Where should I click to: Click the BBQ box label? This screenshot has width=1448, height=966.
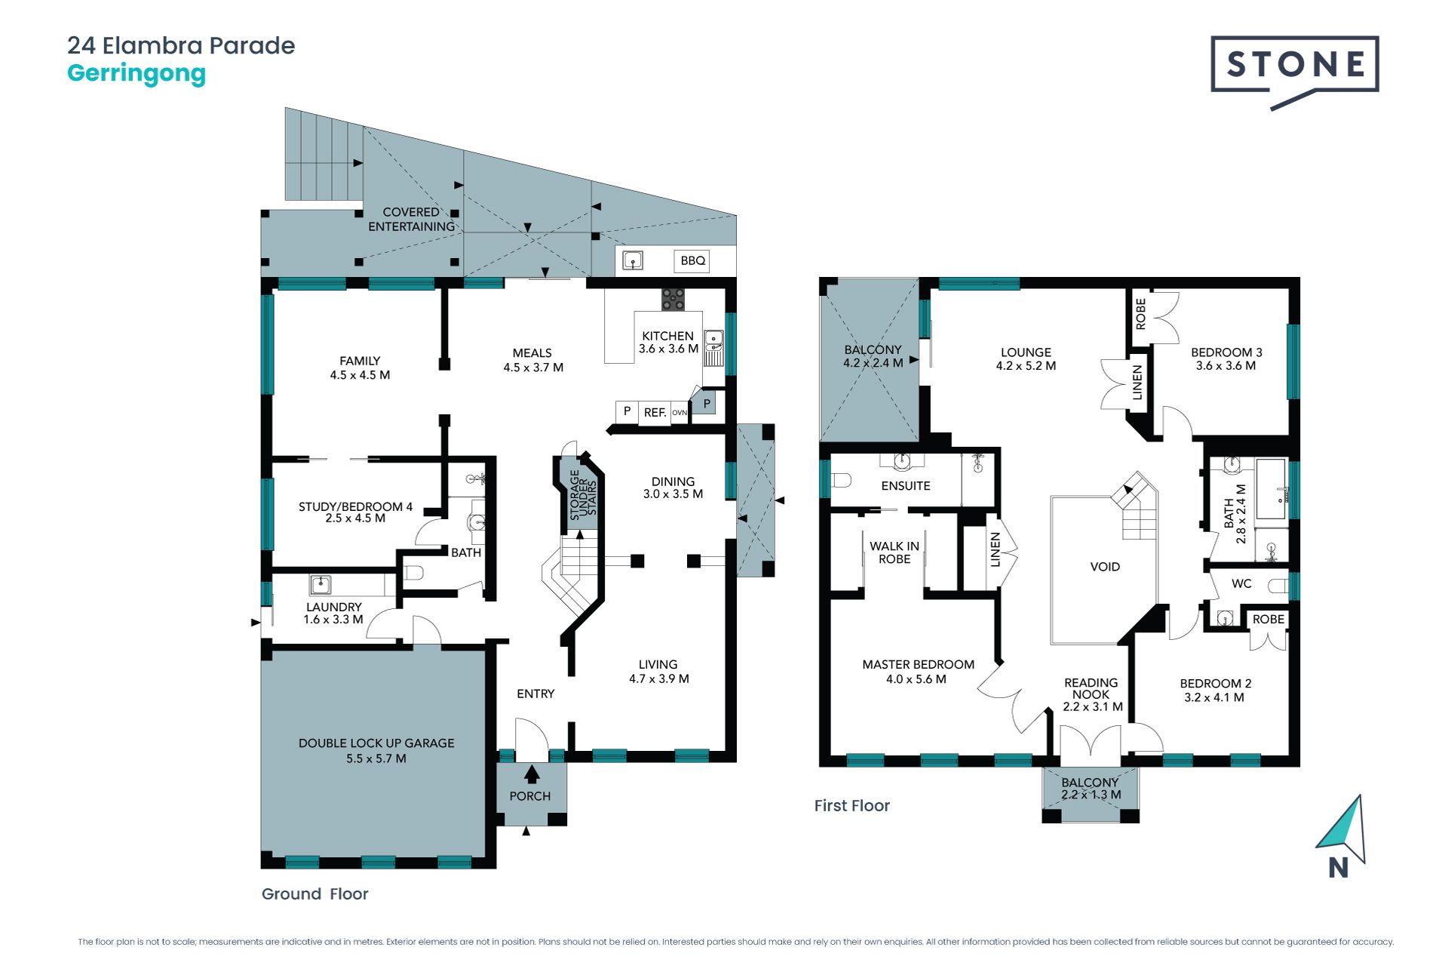692,260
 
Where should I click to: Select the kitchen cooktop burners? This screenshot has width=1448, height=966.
673,299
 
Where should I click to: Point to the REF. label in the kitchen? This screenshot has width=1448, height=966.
655,413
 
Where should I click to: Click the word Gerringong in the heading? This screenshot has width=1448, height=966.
137,75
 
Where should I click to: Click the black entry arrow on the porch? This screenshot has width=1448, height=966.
532,774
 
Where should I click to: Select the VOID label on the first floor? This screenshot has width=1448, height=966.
1105,567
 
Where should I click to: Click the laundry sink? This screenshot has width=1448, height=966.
321,584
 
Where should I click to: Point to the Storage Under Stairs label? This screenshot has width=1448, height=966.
583,495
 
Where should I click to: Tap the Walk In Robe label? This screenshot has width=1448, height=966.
894,552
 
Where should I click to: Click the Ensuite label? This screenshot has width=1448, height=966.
906,486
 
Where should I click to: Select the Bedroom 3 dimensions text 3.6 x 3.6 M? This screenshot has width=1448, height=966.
1226,366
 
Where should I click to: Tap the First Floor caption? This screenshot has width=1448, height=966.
852,806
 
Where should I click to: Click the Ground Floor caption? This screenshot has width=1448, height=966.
314,894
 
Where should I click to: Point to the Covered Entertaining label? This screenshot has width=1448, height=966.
412,220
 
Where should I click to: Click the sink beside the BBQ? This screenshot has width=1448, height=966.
633,261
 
